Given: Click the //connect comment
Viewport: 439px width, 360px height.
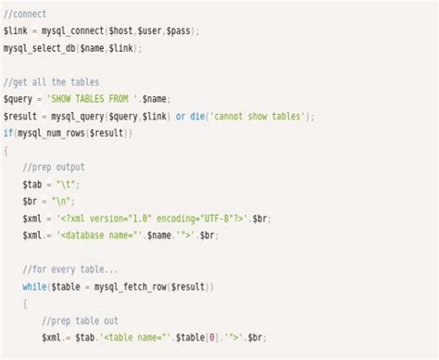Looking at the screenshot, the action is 25,14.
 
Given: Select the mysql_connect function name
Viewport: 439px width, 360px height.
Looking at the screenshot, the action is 72,31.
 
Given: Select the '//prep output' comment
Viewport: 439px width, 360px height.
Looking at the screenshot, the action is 54,168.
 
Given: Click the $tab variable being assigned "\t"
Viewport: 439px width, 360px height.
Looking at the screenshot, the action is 32,184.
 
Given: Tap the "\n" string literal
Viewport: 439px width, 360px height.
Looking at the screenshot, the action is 65,201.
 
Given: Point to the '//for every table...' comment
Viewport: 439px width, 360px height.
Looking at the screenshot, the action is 70,269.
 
